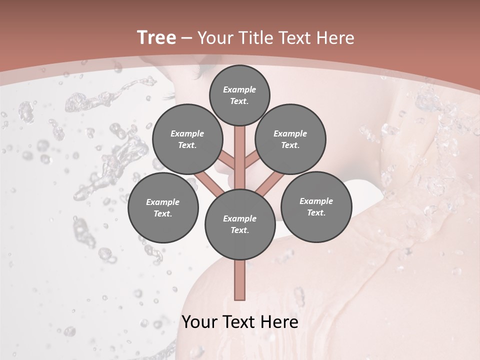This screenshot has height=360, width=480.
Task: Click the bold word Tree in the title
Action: (x=156, y=37)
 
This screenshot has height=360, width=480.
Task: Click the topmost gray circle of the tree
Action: (x=239, y=95)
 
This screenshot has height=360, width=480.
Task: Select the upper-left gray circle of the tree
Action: (x=187, y=139)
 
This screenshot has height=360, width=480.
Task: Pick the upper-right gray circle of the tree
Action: (x=290, y=139)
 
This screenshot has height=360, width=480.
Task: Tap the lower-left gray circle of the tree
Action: (x=163, y=207)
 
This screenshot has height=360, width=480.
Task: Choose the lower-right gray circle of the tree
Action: (x=316, y=206)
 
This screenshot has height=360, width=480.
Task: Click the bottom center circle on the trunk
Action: (x=240, y=224)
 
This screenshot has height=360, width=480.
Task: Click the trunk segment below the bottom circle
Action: (x=240, y=280)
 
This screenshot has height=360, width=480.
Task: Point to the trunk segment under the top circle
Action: (x=240, y=150)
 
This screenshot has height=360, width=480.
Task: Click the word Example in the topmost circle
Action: (x=239, y=89)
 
